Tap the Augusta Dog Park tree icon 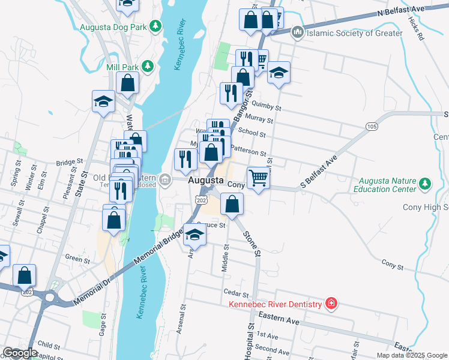tap(155, 26)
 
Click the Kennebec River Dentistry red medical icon tap(330, 304)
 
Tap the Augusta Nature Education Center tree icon tap(425, 182)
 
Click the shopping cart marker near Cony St tap(258, 178)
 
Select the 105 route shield tap(370, 126)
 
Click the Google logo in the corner tap(20, 353)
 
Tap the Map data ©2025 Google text tap(411, 355)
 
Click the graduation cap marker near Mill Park tap(103, 101)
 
